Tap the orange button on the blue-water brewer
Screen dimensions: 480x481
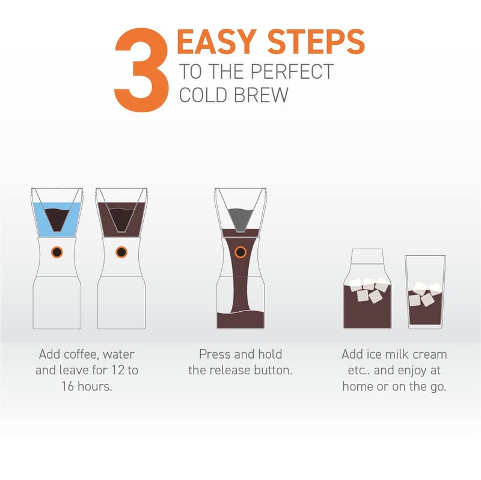[x=57, y=252]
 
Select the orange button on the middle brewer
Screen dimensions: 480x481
[x=240, y=252]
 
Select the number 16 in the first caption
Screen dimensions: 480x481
[x=69, y=386]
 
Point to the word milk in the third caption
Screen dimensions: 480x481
[x=399, y=354]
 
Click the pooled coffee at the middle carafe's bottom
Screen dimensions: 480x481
[x=240, y=318]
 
